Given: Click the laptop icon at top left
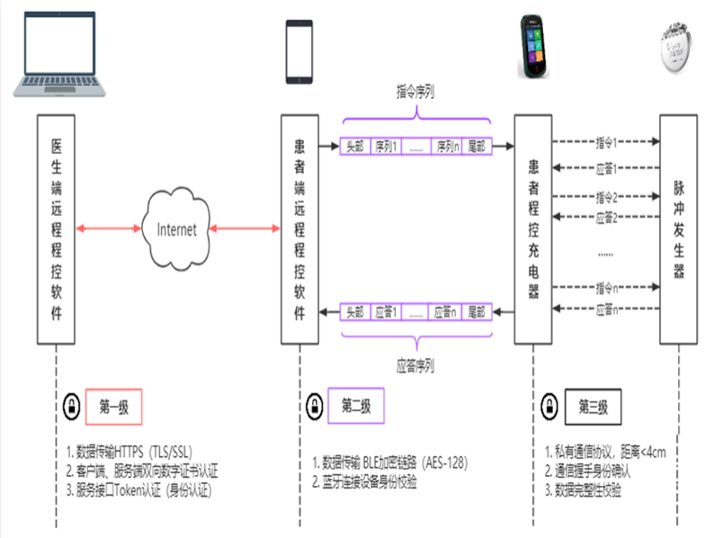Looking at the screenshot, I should [55, 54].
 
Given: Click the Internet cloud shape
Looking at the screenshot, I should [176, 229].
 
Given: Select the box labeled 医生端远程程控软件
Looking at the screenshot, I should [56, 229].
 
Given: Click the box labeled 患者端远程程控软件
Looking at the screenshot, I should [299, 229].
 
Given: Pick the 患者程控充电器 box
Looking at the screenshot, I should [533, 229].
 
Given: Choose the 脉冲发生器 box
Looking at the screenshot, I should [678, 229].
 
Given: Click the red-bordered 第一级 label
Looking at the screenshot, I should [113, 407].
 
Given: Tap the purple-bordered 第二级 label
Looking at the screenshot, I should [356, 406].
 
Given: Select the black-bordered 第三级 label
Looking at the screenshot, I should [593, 407].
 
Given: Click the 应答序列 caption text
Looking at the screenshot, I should [415, 366].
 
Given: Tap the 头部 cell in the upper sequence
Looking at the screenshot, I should [356, 145].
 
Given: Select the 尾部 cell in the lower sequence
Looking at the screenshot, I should [476, 313].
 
